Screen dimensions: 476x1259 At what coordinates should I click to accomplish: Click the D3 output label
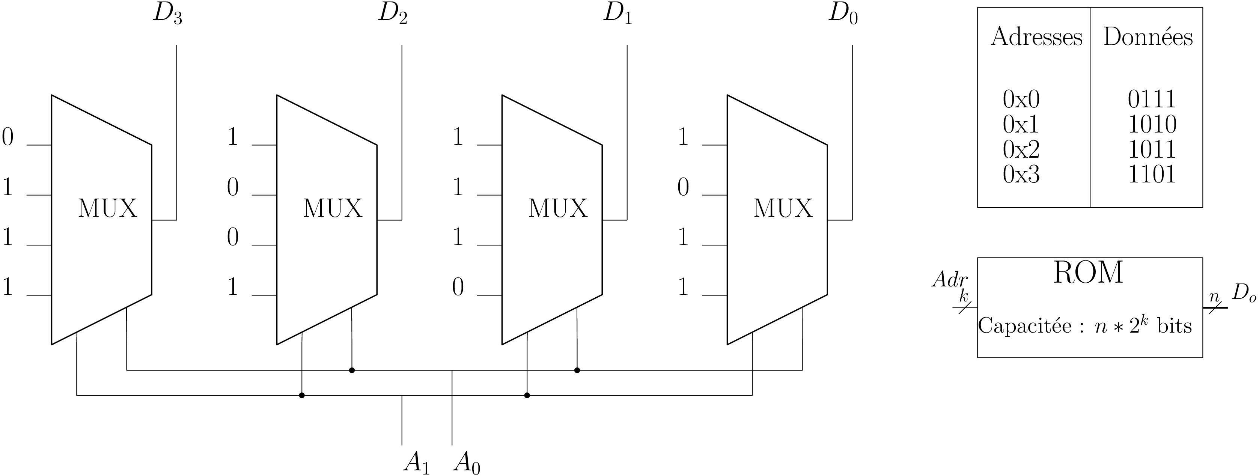pos(168,14)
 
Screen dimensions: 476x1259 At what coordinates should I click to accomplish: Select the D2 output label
pos(393,14)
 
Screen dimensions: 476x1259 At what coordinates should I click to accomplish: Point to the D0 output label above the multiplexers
pos(843,14)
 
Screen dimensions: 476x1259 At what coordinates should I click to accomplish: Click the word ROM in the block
pos(1088,273)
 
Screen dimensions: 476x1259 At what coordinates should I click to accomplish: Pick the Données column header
pos(1148,37)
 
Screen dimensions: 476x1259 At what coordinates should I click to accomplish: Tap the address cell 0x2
pos(1021,149)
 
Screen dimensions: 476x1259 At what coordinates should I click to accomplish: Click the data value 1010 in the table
pos(1152,125)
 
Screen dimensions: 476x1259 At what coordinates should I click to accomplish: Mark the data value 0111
pos(1152,100)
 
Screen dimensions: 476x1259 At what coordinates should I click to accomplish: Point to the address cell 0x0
pos(1021,100)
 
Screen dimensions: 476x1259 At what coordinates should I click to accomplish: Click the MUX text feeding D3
pos(107,209)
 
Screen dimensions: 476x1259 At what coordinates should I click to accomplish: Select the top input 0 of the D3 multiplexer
pos(8,137)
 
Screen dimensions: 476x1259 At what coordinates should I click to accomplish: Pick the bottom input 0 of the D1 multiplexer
pos(458,287)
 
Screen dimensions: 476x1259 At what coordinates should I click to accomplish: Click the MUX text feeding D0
pos(783,209)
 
